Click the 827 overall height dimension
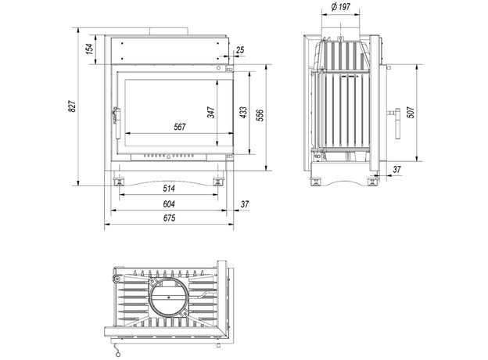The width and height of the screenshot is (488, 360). coord(72,106)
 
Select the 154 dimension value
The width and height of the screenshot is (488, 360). coord(89,49)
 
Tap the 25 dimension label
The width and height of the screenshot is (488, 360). coord(240,50)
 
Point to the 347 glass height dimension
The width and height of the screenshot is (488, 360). coord(211,113)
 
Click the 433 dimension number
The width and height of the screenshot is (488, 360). coord(243,113)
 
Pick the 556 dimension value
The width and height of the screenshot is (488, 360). coord(260,115)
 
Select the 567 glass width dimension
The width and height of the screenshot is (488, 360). coord(180,127)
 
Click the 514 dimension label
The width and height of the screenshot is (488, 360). coord(169,188)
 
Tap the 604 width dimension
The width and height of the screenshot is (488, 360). coord(169,204)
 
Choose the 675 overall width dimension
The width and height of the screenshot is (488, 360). coord(169,218)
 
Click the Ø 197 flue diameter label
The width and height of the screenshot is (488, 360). coord(341,6)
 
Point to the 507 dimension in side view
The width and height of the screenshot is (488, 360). coord(411,112)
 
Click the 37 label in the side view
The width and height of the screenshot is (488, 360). coord(396,169)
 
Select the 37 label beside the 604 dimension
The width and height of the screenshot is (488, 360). coord(245,204)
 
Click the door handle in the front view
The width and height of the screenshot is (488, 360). coord(117,123)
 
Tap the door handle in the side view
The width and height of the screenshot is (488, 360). coord(395,124)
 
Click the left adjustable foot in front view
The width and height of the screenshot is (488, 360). coord(119,182)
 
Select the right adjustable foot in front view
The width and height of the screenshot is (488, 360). coord(218,182)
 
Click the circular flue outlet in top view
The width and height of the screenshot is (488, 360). coord(169,296)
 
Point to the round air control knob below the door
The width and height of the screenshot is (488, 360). coord(169,157)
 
